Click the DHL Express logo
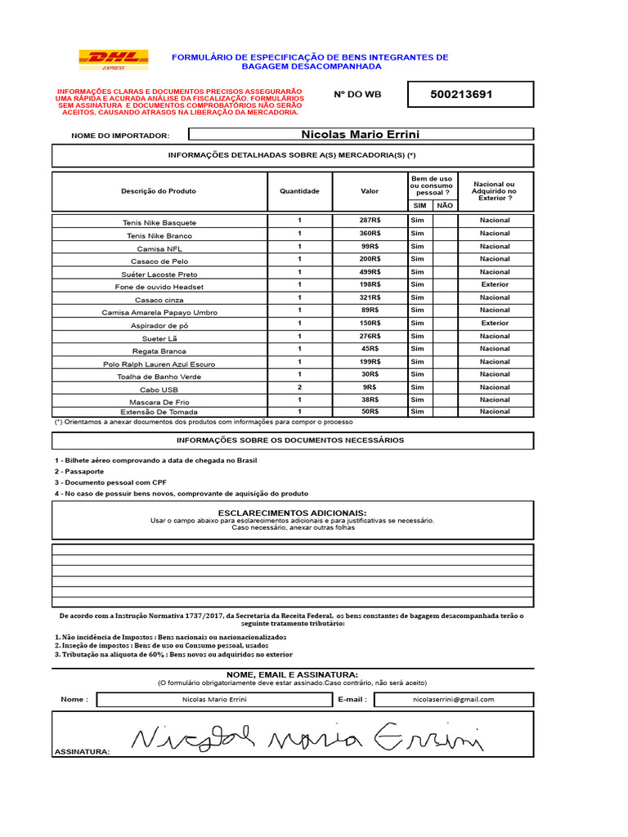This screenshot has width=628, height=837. coord(113,60)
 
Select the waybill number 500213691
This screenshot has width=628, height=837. coord(461,94)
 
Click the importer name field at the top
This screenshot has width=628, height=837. coord(361,134)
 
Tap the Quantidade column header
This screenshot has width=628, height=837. coord(299,191)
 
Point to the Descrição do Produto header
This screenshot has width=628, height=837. coord(159,191)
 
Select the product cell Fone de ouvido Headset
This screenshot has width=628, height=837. coord(159,287)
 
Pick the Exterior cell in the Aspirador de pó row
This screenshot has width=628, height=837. coord(495,323)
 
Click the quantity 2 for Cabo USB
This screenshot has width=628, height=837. coord(299,387)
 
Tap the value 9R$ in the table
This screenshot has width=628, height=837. coord(370,387)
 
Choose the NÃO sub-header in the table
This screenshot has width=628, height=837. coord(445,206)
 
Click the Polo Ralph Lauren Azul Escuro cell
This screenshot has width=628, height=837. coord(159,364)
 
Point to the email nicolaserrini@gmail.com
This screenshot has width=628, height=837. coord(453,700)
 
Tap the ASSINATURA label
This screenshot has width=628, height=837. coord(82,751)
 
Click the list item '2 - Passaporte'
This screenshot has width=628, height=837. coord(79,472)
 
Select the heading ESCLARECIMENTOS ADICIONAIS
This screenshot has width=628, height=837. coord(292,512)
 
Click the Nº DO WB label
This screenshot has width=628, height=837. coord(357,95)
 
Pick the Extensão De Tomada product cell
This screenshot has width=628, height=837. coord(159,412)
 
